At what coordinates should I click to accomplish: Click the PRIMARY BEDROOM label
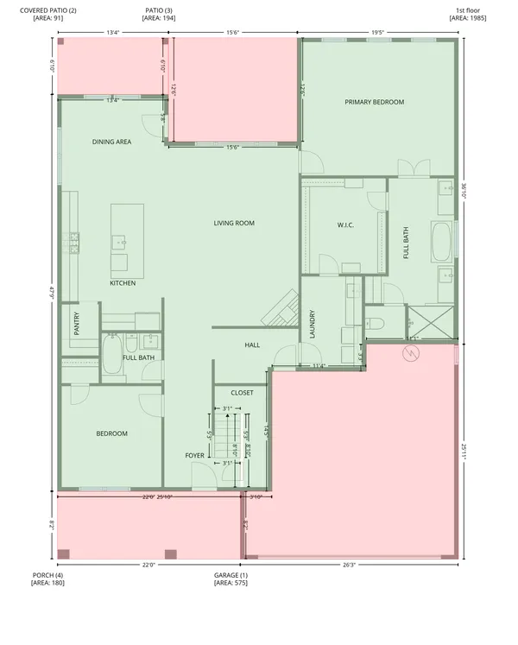point(374,103)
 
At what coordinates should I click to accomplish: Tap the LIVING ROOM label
point(234,224)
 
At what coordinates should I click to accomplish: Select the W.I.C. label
point(345,226)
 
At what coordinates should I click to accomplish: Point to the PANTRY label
point(76,324)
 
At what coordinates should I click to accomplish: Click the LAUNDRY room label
point(312,325)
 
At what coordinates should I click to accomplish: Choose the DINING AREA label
point(111,142)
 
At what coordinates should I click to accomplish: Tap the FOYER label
point(195,455)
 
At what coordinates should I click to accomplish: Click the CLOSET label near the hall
point(242,393)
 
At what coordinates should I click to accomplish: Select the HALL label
point(252,345)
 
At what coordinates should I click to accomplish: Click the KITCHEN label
point(122,283)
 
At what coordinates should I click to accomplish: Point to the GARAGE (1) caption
point(231,579)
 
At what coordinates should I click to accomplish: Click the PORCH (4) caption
point(47,579)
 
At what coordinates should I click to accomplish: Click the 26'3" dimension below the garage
point(349,566)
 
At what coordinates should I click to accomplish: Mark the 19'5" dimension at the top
point(377,33)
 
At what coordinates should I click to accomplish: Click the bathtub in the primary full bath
point(441,243)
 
